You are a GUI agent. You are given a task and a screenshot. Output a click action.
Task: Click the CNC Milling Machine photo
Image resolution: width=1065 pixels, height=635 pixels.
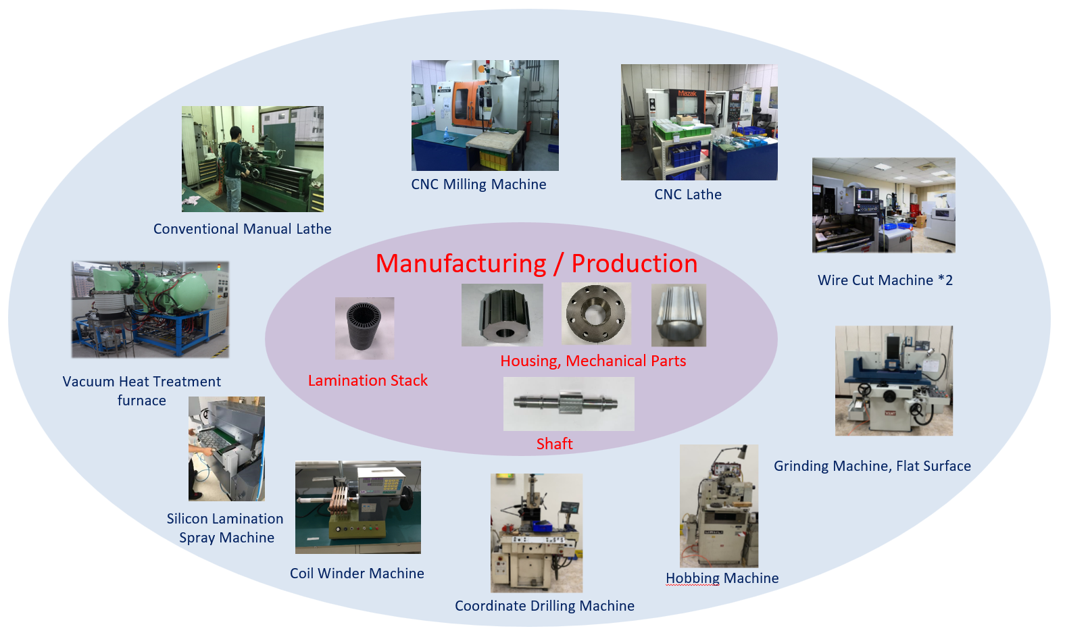point(485,115)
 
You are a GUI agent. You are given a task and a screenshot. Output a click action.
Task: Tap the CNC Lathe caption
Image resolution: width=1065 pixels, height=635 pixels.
point(688,195)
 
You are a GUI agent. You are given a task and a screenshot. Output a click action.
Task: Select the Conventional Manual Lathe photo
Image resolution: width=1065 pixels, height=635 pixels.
point(252,159)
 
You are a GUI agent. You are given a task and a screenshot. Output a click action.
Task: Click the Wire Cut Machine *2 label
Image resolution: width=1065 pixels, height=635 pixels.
point(885,280)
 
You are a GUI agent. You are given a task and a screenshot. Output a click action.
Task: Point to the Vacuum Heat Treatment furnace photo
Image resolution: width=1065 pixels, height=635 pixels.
point(150,309)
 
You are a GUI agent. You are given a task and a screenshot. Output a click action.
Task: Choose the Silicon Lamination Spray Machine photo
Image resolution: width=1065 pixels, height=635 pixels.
point(226,449)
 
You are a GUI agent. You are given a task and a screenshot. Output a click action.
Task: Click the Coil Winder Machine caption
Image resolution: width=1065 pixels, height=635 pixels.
point(357,574)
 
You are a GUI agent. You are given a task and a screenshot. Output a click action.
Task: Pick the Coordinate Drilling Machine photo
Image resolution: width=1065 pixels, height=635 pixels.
point(536,532)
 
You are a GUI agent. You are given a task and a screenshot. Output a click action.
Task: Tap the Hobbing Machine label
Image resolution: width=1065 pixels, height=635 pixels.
point(722,578)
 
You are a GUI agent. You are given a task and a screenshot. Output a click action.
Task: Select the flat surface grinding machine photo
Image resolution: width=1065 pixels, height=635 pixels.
point(893,380)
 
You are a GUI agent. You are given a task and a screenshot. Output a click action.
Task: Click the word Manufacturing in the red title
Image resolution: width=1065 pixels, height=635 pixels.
point(461,263)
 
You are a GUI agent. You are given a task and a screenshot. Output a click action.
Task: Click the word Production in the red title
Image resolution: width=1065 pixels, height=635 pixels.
point(634,263)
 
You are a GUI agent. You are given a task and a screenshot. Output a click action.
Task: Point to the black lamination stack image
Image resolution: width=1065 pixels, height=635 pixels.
point(364,328)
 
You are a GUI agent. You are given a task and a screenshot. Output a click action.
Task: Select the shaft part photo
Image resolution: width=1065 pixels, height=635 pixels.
point(568,403)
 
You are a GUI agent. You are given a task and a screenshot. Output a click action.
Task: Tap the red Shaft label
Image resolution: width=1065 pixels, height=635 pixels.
point(554,444)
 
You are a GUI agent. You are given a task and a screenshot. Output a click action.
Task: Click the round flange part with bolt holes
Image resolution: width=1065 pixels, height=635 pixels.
point(595,314)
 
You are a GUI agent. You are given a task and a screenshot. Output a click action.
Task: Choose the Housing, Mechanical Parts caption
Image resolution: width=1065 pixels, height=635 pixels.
point(593,361)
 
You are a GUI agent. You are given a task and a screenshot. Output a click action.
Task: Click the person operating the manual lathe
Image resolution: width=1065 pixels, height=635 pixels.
point(232,166)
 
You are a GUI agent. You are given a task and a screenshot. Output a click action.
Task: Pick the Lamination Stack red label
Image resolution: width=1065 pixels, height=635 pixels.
point(368,381)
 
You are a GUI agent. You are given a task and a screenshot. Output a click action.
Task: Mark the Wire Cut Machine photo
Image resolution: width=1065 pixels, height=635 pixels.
point(883,205)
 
